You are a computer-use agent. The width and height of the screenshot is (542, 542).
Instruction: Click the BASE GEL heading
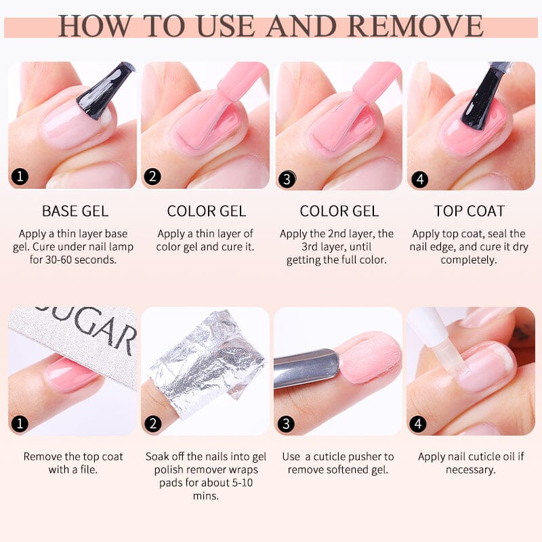(x=75, y=211)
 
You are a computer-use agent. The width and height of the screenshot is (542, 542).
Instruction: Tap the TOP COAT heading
(x=470, y=211)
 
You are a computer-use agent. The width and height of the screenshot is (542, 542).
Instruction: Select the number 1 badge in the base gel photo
(x=20, y=178)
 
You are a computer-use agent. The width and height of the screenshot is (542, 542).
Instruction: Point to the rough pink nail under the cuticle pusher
(x=369, y=358)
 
